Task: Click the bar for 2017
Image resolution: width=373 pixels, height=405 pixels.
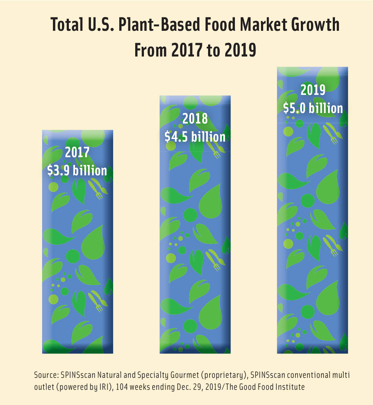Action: coord(78,254)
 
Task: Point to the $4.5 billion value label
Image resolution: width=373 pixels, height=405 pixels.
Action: coord(195,137)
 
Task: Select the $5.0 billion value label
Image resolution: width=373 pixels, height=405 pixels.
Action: coord(313,108)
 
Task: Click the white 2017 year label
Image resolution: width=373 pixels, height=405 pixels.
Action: coord(77,152)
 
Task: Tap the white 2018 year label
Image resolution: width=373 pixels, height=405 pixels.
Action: coord(195,118)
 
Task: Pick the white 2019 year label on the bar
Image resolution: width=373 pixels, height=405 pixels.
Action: coord(313,90)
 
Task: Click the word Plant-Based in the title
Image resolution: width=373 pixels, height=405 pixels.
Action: coord(161,26)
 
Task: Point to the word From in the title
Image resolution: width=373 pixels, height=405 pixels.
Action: coord(151,50)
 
